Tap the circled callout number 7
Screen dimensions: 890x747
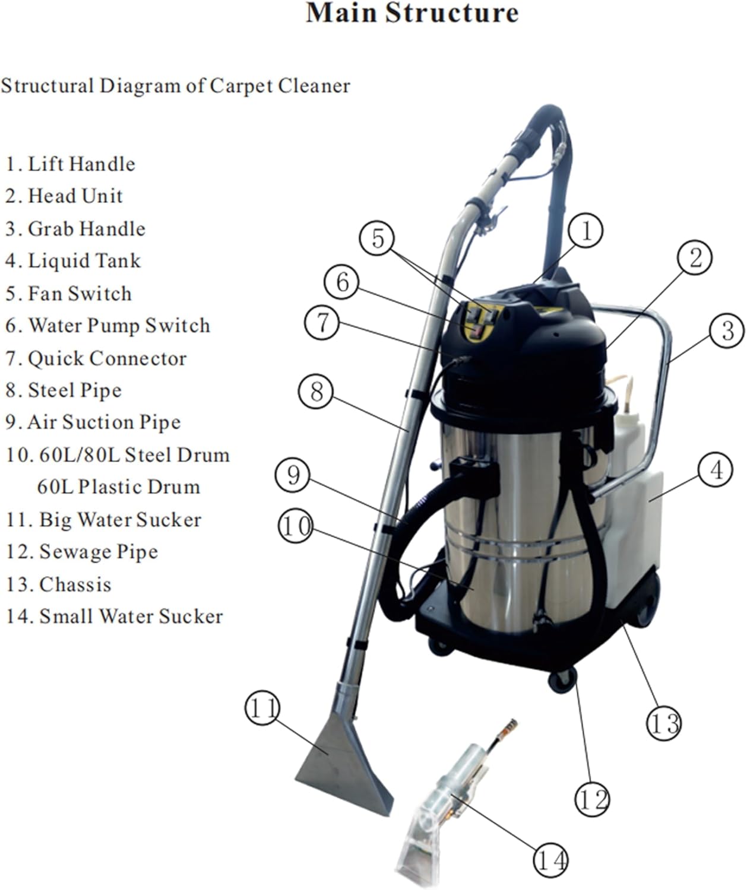point(321,323)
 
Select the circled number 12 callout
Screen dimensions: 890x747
point(591,800)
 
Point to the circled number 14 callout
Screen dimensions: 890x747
point(550,860)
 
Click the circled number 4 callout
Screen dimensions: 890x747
point(716,471)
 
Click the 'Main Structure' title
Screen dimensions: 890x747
point(412,13)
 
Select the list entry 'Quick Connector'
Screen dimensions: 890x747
point(96,358)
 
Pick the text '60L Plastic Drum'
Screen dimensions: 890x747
point(118,487)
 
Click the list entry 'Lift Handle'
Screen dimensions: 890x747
point(71,164)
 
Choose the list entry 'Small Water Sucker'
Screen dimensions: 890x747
point(115,616)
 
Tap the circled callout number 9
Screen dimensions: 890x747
point(293,475)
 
